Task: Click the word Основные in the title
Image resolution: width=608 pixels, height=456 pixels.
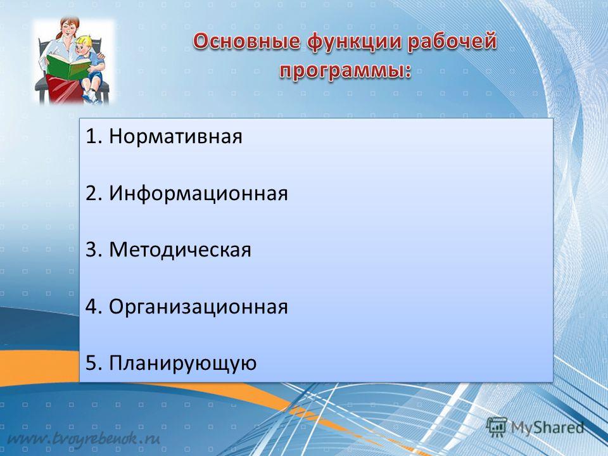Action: (x=246, y=42)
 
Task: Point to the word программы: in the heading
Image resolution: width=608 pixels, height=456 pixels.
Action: (x=345, y=72)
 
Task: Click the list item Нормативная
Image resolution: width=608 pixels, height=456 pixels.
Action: (x=175, y=136)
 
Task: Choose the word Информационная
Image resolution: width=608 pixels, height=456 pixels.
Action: (x=198, y=193)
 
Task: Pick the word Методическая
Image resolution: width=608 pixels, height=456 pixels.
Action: (x=180, y=250)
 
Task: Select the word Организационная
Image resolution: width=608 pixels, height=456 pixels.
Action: (x=198, y=307)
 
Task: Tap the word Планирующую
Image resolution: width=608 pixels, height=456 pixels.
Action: (x=182, y=364)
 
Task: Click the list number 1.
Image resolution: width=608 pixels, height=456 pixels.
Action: (x=94, y=137)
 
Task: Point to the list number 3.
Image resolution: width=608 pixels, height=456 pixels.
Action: (x=94, y=250)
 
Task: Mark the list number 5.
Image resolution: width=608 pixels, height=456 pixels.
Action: (x=94, y=364)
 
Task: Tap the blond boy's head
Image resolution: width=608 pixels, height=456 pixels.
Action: (x=84, y=46)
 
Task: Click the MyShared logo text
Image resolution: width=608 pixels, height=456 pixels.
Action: (x=547, y=427)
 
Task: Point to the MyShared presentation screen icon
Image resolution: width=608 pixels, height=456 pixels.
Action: (x=497, y=427)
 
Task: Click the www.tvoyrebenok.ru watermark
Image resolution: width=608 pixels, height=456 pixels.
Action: (x=84, y=439)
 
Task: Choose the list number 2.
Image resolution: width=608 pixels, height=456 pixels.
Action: (x=94, y=193)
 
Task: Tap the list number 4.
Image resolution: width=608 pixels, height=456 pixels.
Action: (x=94, y=307)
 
